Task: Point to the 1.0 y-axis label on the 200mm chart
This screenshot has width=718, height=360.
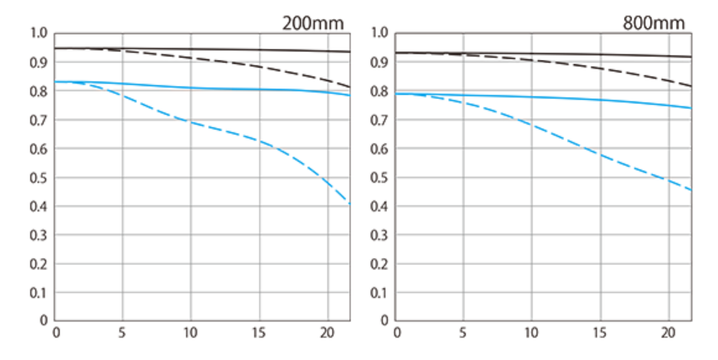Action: tap(38, 34)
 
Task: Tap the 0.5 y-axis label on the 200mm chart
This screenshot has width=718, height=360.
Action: tap(38, 178)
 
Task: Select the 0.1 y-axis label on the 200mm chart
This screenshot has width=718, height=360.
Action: tap(38, 292)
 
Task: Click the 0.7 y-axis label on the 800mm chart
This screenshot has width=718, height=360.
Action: tap(380, 121)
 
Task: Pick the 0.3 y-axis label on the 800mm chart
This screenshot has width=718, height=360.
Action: tap(380, 235)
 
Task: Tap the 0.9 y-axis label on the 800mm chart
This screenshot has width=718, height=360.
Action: tap(380, 63)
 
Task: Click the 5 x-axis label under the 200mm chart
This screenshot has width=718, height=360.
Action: tap(122, 334)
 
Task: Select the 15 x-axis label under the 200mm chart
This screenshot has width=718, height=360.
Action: tap(259, 334)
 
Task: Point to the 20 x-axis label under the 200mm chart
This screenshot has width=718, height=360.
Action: tap(327, 334)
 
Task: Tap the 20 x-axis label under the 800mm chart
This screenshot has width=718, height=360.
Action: tap(668, 334)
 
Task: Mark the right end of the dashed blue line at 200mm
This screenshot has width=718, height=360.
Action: tap(350, 203)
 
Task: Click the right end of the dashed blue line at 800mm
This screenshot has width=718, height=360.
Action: tap(691, 190)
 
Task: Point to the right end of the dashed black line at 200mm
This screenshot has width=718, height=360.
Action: tap(350, 87)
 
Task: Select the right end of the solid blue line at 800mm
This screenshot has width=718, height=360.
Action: tap(691, 108)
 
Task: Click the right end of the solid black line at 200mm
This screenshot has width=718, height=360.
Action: tap(350, 52)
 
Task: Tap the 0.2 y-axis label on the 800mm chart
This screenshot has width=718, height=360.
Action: tap(380, 264)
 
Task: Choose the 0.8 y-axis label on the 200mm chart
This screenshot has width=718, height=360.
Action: tap(38, 92)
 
